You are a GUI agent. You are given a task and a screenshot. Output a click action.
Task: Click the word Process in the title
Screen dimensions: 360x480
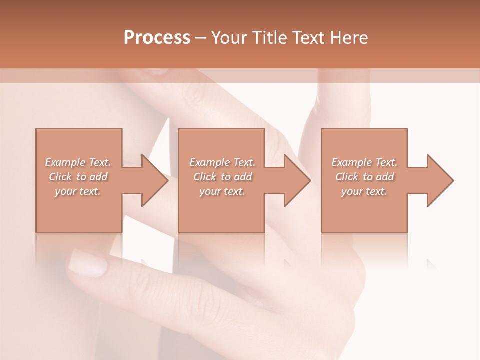click(x=157, y=38)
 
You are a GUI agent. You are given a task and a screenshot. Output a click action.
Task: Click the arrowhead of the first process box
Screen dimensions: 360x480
click(x=154, y=180)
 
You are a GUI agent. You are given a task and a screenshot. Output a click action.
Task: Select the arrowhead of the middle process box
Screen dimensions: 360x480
click(x=297, y=180)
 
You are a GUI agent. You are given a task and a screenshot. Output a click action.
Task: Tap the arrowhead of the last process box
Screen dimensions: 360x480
click(x=440, y=180)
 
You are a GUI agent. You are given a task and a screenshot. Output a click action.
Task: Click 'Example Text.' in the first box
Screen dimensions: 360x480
click(x=78, y=162)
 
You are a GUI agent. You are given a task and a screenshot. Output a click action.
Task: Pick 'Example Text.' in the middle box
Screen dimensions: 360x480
click(x=222, y=162)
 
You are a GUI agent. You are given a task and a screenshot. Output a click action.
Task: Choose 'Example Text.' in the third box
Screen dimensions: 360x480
click(x=364, y=162)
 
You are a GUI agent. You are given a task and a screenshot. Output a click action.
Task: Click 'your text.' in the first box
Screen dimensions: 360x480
click(x=78, y=191)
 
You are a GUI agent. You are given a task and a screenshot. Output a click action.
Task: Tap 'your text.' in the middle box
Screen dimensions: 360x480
click(x=222, y=191)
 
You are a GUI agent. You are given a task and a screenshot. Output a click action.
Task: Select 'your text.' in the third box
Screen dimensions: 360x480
click(x=364, y=191)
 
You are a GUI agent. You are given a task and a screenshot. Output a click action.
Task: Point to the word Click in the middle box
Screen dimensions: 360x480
click(x=204, y=177)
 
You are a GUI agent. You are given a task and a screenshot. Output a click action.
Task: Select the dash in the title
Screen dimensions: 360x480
click(x=200, y=38)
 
